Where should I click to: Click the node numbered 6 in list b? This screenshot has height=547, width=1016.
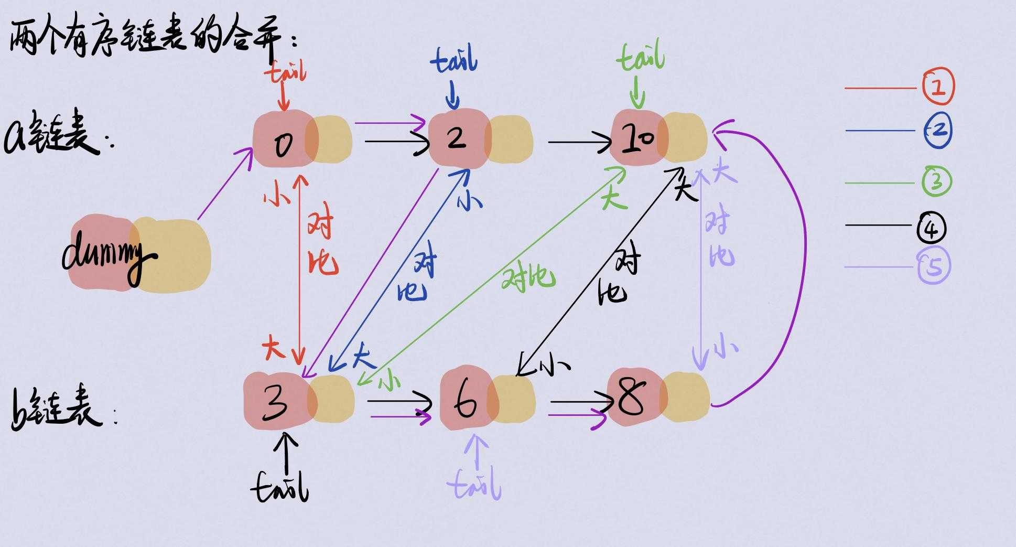coord(467,401)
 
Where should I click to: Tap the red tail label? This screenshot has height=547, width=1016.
coord(286,72)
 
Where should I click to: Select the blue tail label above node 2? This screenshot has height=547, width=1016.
coord(454,60)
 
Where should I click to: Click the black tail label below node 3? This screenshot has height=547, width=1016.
coord(280,488)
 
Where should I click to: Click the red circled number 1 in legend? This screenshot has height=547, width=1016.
coord(938,87)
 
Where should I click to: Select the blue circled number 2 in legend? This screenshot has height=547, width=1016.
coord(938,130)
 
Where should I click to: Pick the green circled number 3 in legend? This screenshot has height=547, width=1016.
coord(937,181)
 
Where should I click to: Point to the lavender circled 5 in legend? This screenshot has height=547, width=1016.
coord(934,266)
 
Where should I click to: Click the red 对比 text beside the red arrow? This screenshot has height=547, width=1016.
coord(322,244)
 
